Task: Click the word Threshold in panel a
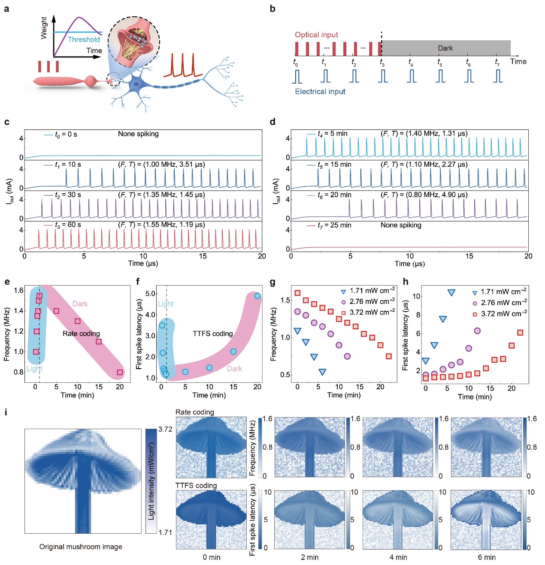84,39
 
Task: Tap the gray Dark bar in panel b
446,48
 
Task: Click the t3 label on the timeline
382,62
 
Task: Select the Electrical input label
320,91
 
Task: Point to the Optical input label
316,35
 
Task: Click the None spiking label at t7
401,225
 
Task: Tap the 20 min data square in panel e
120,372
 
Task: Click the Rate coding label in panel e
81,334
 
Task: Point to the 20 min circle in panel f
257,296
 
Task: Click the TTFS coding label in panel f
213,334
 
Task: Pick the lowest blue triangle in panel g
322,372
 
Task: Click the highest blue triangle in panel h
451,293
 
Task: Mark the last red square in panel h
520,333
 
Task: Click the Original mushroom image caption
81,547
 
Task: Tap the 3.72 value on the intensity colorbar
165,429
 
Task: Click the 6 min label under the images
487,557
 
